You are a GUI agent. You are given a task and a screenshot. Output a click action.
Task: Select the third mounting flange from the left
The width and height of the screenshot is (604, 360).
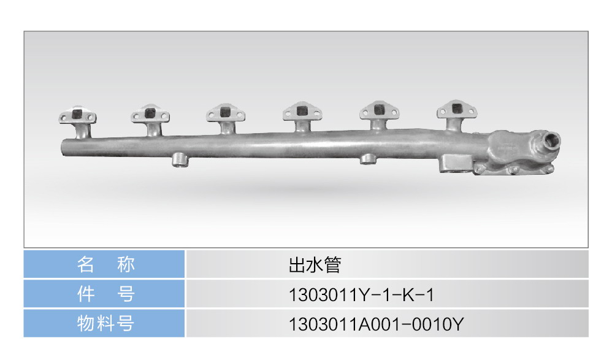225,113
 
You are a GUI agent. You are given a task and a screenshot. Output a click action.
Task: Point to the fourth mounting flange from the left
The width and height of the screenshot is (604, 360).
302,112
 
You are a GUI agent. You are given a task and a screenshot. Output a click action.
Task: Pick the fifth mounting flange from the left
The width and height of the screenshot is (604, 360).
379,110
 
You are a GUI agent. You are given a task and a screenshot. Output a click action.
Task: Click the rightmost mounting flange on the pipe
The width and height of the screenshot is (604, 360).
457,109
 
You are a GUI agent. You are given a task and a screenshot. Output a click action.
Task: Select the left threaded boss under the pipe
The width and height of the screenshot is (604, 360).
180,160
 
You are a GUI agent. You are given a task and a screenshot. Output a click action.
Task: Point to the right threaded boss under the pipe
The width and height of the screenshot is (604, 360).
369,159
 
